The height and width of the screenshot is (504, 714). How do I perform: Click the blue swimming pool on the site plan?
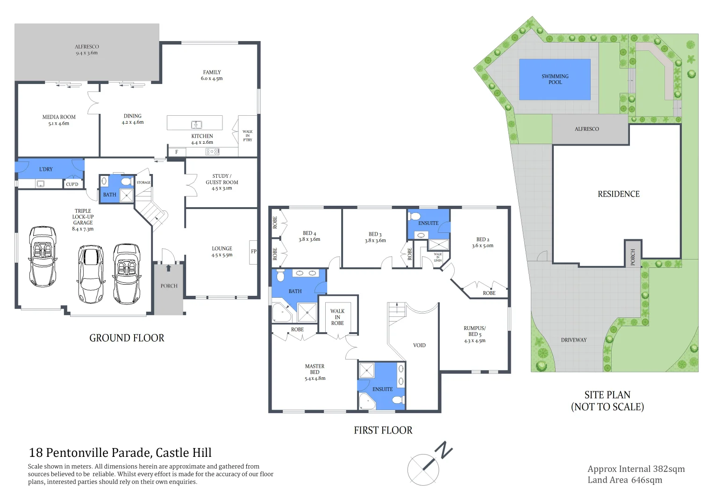555,79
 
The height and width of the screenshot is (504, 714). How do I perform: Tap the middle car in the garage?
90,274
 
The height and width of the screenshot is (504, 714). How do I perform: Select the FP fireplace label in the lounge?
254,252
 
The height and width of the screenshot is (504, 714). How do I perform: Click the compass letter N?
443,450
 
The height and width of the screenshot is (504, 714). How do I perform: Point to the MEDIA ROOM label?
59,120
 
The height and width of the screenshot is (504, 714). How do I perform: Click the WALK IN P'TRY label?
248,136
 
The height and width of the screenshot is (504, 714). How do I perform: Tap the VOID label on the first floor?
419,345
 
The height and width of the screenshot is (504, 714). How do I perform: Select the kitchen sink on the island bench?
197,125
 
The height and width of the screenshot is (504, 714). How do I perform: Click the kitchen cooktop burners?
213,152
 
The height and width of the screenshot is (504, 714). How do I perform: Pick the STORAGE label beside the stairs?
143,182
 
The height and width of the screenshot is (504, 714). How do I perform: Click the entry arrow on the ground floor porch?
168,268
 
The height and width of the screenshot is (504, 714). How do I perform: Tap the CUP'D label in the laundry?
72,184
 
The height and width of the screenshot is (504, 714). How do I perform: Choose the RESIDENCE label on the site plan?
618,194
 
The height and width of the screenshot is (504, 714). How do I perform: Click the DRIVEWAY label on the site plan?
573,340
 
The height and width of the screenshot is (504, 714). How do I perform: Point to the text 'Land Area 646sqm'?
624,480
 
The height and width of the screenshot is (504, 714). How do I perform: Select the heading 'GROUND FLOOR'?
127,338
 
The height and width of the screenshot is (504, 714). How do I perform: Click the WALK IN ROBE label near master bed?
337,317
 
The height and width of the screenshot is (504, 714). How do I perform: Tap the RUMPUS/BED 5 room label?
474,334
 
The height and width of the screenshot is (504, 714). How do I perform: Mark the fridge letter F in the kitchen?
177,152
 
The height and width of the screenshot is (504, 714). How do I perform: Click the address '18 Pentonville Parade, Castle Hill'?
120,453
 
